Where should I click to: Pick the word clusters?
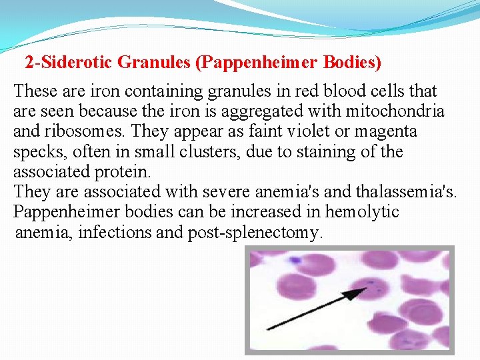pos(212,151)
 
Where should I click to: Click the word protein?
pos(123,171)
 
